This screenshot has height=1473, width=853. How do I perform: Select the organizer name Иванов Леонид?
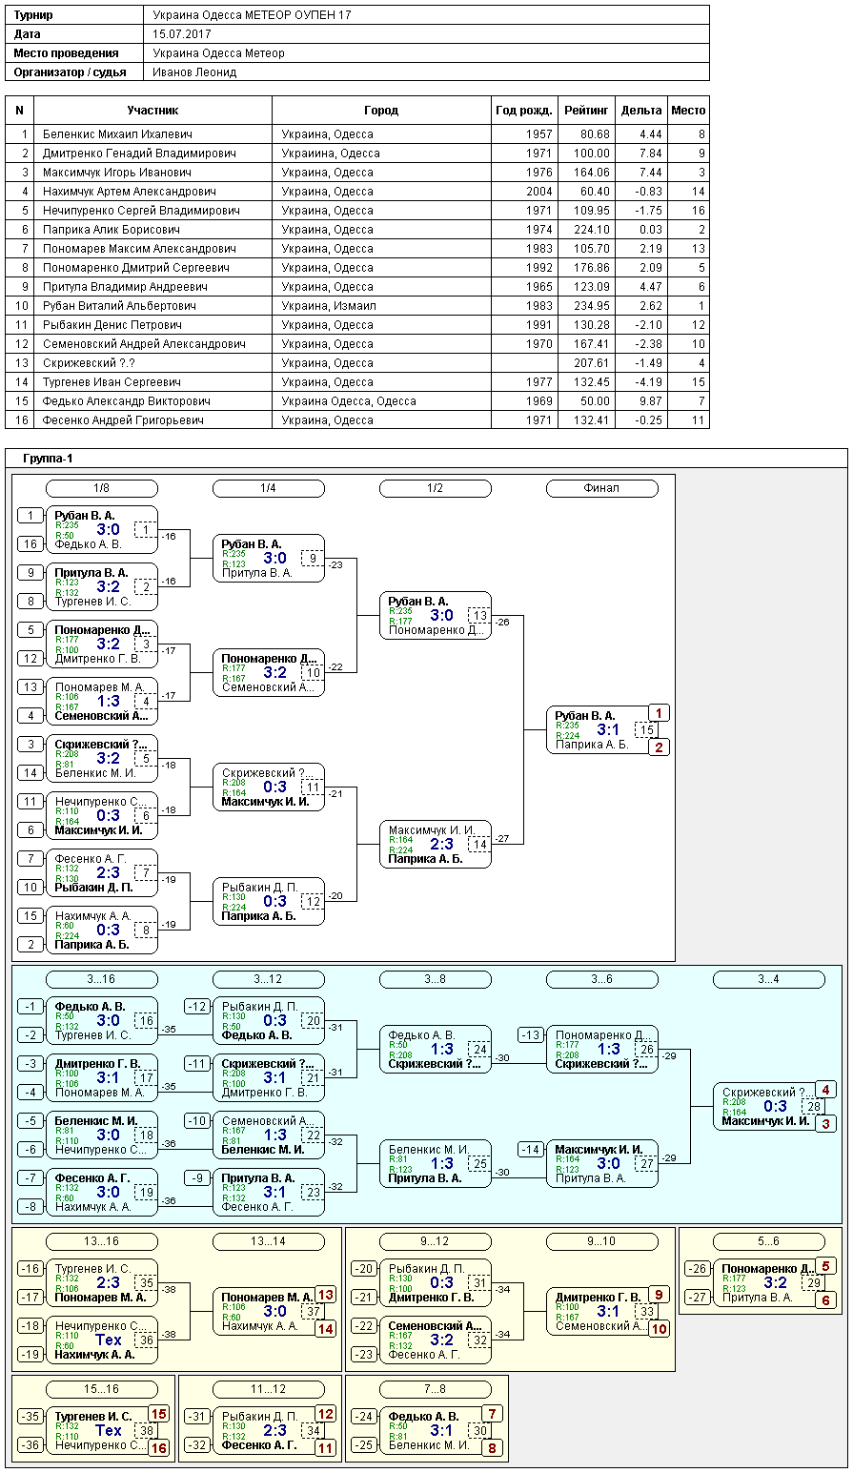(194, 72)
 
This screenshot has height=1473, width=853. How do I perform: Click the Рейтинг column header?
(586, 111)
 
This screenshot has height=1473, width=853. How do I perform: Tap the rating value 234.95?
(592, 306)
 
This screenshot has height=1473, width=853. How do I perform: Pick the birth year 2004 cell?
(538, 192)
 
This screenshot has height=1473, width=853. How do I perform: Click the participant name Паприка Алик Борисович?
(112, 230)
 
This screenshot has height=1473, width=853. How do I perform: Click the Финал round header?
(602, 488)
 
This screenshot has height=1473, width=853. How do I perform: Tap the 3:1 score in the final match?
(608, 729)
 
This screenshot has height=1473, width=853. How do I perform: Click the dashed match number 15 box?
(647, 729)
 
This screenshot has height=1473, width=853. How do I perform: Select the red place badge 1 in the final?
(659, 713)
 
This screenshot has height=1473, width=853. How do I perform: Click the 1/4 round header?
(268, 488)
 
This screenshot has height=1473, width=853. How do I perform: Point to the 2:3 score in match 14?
(441, 844)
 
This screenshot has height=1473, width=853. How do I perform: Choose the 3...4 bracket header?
(769, 979)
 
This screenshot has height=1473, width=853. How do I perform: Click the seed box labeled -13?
(531, 1035)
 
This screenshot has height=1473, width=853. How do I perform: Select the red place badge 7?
(492, 1413)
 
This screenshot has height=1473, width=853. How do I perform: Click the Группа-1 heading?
(48, 459)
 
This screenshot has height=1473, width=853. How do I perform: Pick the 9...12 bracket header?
(435, 1241)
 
